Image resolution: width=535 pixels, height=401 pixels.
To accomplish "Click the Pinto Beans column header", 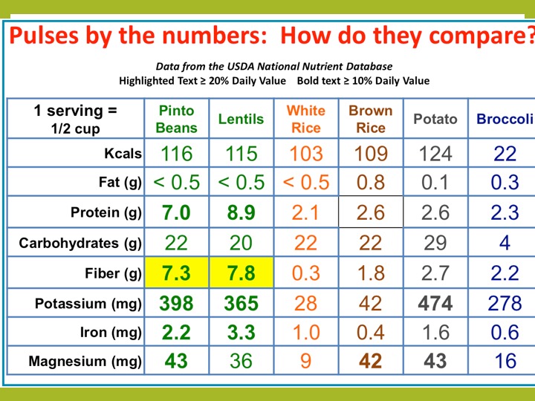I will click(176, 119).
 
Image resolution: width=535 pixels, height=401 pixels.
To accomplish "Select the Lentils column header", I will click(241, 120).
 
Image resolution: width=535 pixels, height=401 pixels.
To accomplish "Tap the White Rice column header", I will click(306, 119).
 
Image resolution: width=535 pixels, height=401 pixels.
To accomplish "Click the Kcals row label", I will click(123, 154).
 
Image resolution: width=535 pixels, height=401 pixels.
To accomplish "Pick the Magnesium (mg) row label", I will click(85, 362).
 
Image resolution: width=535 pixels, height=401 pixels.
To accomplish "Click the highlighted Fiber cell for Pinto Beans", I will click(176, 273).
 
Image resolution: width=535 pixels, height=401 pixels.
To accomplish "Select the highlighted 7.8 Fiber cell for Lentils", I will click(241, 273).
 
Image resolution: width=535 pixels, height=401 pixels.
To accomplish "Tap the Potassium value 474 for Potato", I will click(435, 303).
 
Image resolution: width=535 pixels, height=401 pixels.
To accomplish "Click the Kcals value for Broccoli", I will click(505, 154).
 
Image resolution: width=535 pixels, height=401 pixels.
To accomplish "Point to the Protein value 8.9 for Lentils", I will click(241, 213).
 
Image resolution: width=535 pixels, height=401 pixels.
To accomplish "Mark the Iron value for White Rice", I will click(306, 333).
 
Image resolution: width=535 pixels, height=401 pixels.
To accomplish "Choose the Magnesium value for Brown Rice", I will click(371, 362).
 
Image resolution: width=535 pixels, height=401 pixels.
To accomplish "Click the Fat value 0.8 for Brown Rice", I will click(371, 183).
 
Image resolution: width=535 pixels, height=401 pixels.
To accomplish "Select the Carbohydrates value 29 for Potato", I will click(435, 243).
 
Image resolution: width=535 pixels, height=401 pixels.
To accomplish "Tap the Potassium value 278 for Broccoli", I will click(505, 303).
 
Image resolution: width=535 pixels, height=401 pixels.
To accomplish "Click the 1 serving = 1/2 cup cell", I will click(75, 119).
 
